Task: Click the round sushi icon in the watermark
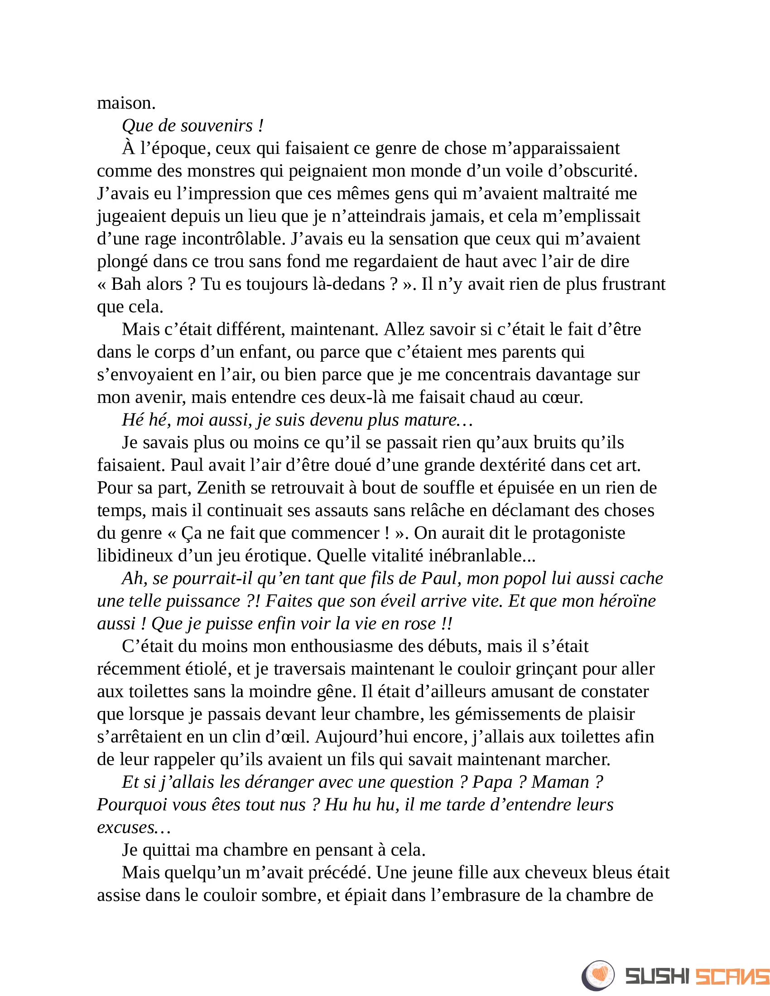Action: (598, 975)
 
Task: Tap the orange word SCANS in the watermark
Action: (732, 977)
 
